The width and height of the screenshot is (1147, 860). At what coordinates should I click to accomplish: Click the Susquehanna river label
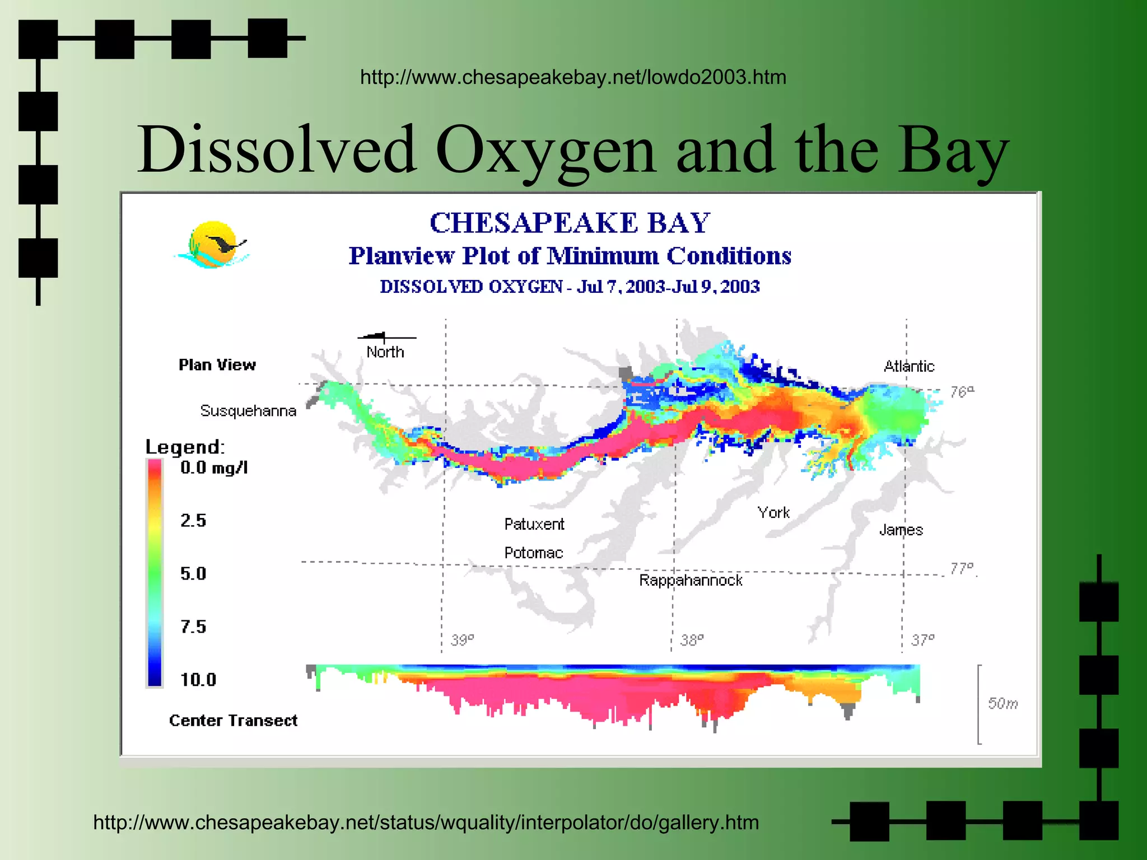[x=248, y=411]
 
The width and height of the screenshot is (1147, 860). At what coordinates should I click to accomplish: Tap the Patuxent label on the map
[x=534, y=524]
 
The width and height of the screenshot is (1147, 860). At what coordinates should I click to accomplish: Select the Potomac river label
[x=533, y=553]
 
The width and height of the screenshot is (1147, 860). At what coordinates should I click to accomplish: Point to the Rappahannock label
[x=691, y=580]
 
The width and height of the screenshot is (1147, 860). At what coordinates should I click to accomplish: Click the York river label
[x=773, y=512]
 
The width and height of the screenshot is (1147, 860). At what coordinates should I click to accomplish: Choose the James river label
[x=901, y=530]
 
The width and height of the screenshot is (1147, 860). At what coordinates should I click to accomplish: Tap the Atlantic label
[x=908, y=366]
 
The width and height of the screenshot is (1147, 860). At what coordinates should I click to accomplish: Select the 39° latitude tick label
[x=463, y=639]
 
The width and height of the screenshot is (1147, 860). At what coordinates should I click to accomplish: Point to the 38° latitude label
[x=692, y=639]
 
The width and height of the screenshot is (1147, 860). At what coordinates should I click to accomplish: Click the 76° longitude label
[x=962, y=391]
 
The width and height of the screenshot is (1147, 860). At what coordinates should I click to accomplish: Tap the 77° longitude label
[x=962, y=569]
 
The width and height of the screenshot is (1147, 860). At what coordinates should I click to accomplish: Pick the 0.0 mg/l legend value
[x=213, y=468]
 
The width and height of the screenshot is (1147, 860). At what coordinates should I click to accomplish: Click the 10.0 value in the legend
[x=198, y=680]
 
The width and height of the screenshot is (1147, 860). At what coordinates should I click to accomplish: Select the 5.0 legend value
[x=193, y=573]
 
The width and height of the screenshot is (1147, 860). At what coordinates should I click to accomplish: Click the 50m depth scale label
[x=1002, y=703]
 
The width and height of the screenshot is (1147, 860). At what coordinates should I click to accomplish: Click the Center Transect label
[x=233, y=721]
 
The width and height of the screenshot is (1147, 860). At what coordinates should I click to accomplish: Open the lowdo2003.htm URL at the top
[x=573, y=77]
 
